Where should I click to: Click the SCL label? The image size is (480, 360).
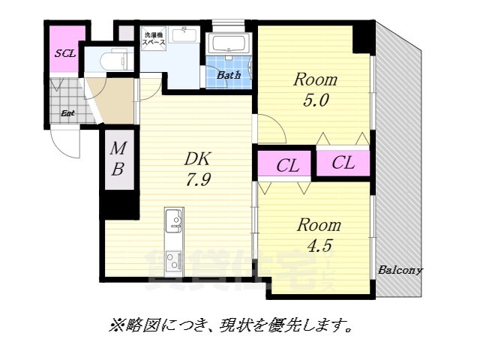coord(64,53)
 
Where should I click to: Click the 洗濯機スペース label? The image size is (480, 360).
coord(154,39)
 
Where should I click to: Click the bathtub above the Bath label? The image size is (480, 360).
coord(230,44)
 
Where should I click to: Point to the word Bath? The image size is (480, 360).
coord(229,75)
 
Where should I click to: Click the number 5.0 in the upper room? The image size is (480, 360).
coord(315,100)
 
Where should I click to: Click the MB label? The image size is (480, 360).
coord(118,160)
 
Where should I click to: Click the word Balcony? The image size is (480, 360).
coord(400,270)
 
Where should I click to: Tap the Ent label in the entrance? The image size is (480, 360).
coord(67,114)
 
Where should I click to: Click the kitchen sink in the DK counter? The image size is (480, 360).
coord(174,220)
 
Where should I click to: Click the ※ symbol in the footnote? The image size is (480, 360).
coord(115,325)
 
